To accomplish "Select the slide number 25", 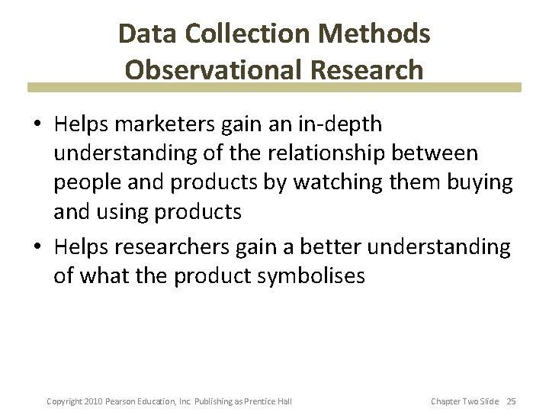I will (x=511, y=401).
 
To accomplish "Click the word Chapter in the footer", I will (x=445, y=401).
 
